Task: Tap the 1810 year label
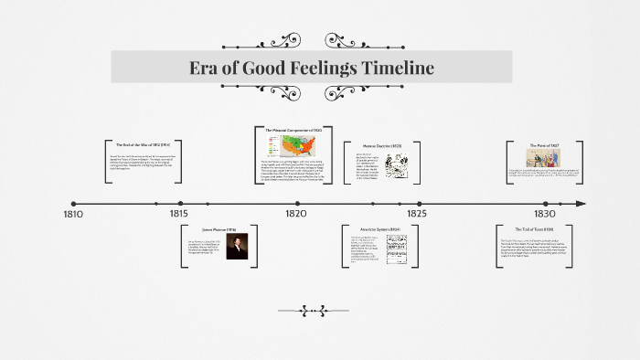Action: coord(73,215)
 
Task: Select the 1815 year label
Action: coord(178,213)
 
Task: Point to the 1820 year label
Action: coord(295,213)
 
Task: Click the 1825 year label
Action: coord(417,213)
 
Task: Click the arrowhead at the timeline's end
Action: coord(580,203)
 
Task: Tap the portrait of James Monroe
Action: coord(237,247)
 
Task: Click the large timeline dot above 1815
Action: coord(181,203)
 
